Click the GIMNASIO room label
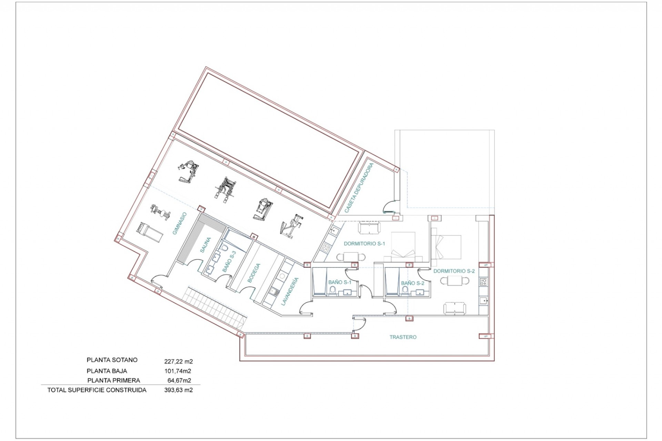(180, 223)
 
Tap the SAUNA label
(205, 245)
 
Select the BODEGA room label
(254, 273)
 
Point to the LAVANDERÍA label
(289, 291)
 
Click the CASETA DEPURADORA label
(359, 188)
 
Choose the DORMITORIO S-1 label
(364, 244)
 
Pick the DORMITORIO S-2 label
(454, 271)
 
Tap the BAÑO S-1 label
(340, 282)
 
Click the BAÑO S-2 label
(412, 283)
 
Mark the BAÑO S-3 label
(229, 261)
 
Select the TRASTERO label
(403, 337)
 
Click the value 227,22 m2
(178, 361)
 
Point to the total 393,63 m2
(178, 390)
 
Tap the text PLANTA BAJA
(107, 371)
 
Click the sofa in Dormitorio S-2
(454, 308)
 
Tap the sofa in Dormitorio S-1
(369, 227)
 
